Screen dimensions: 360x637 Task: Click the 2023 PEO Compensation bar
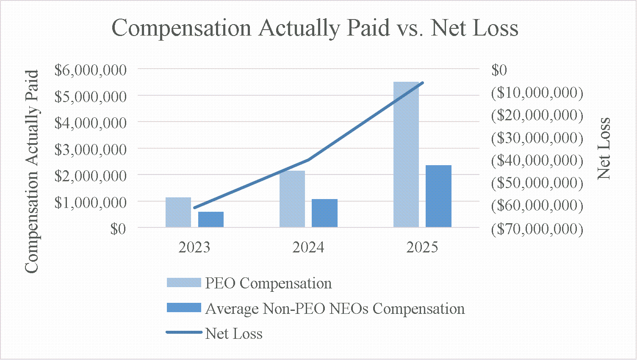[x=178, y=212]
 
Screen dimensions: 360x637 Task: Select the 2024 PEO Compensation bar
[x=292, y=199]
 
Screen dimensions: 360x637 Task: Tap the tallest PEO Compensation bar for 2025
[x=406, y=155]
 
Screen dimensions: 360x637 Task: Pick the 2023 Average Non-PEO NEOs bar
[x=211, y=219]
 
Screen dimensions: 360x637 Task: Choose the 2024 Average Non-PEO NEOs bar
[x=324, y=213]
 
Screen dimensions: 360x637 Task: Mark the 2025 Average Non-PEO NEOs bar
[x=438, y=196]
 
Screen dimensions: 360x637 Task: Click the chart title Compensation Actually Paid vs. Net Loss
[x=315, y=28]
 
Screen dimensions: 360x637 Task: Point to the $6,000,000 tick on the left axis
[x=91, y=69]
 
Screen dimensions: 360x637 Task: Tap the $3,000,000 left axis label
[x=91, y=149]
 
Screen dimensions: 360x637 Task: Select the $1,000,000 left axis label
[x=91, y=202]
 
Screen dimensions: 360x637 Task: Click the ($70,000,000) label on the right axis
[x=537, y=229]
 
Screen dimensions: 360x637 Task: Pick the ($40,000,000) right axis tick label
[x=537, y=160]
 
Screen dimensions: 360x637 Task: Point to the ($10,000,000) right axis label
[x=537, y=92]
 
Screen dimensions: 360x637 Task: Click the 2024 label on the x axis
[x=308, y=247]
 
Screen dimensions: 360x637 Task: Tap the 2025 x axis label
[x=422, y=247]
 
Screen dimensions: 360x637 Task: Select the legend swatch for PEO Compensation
[x=184, y=283]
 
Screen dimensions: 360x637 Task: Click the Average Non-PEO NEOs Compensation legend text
[x=335, y=309]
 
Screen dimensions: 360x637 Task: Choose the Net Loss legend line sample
[x=184, y=333]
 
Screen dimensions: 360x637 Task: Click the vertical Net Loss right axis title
[x=604, y=148]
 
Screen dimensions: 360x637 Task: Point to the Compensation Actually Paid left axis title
[x=32, y=172]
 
